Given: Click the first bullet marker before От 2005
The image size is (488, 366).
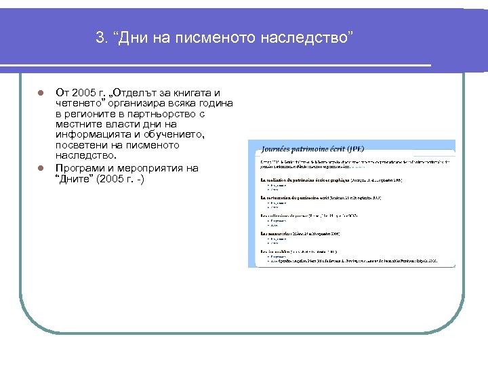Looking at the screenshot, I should tap(41, 93).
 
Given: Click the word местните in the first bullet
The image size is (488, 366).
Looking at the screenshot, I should tap(81, 124).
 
